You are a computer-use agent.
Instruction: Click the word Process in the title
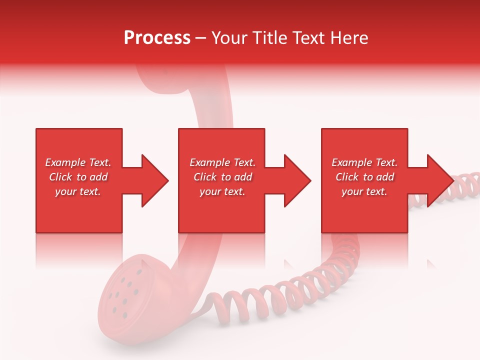tap(157, 38)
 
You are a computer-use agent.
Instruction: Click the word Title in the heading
tap(271, 38)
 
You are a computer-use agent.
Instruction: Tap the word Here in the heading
tap(349, 38)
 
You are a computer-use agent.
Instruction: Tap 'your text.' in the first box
tap(78, 191)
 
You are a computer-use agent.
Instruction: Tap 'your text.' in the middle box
tap(222, 191)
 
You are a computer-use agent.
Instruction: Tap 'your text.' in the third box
tap(364, 191)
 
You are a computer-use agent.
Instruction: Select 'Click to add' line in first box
tap(78, 177)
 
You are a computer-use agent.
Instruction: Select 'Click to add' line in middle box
tap(222, 177)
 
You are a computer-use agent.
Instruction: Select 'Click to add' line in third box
tap(364, 177)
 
